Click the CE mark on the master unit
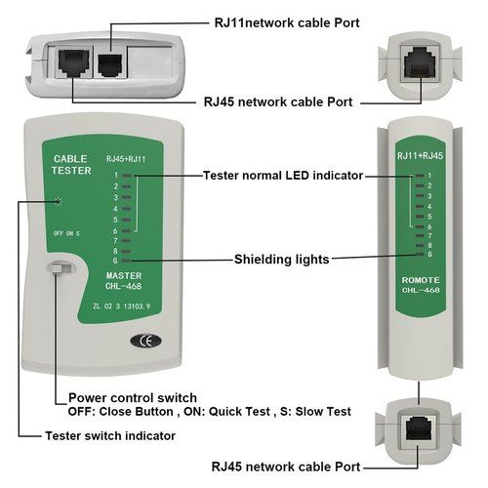[x=142, y=342]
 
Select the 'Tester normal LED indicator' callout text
[x=282, y=176]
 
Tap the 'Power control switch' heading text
[x=133, y=398]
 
